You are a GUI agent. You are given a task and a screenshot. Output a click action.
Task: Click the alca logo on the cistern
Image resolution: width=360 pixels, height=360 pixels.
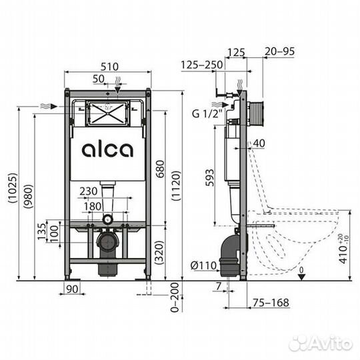107,149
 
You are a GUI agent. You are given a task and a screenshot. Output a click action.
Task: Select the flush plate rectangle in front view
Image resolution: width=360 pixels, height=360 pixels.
107,113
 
